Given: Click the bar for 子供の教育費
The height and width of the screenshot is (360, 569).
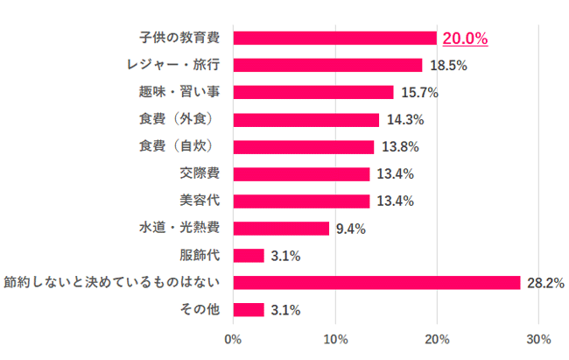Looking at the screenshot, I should [x=335, y=38].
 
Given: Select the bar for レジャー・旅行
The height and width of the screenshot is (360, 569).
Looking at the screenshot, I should [x=327, y=65].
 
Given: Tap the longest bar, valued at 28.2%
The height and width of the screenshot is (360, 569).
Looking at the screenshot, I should [x=377, y=282].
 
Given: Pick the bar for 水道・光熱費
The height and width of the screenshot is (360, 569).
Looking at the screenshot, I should [x=281, y=228].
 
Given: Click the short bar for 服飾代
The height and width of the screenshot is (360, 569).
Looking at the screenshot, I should [x=249, y=255].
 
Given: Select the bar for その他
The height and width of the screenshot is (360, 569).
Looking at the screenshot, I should [x=249, y=309].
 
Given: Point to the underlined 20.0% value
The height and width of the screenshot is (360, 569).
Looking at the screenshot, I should [x=465, y=38].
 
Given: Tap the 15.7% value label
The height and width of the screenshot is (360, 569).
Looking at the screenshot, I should [x=418, y=92].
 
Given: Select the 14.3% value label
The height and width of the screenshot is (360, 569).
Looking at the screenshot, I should [x=404, y=119].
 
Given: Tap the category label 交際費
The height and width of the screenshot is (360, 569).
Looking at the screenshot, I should [x=200, y=173].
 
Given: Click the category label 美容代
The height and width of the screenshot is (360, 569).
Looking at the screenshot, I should [x=200, y=201].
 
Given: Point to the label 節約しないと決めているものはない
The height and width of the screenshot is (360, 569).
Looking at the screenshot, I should [x=113, y=282].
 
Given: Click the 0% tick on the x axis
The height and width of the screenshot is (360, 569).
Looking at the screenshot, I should [x=233, y=338].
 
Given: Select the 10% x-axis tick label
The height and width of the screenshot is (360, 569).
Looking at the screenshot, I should [x=335, y=338].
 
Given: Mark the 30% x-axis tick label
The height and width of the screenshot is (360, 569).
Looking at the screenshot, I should [x=539, y=338].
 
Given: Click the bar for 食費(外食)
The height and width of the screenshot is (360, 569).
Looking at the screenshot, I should [x=306, y=119].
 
